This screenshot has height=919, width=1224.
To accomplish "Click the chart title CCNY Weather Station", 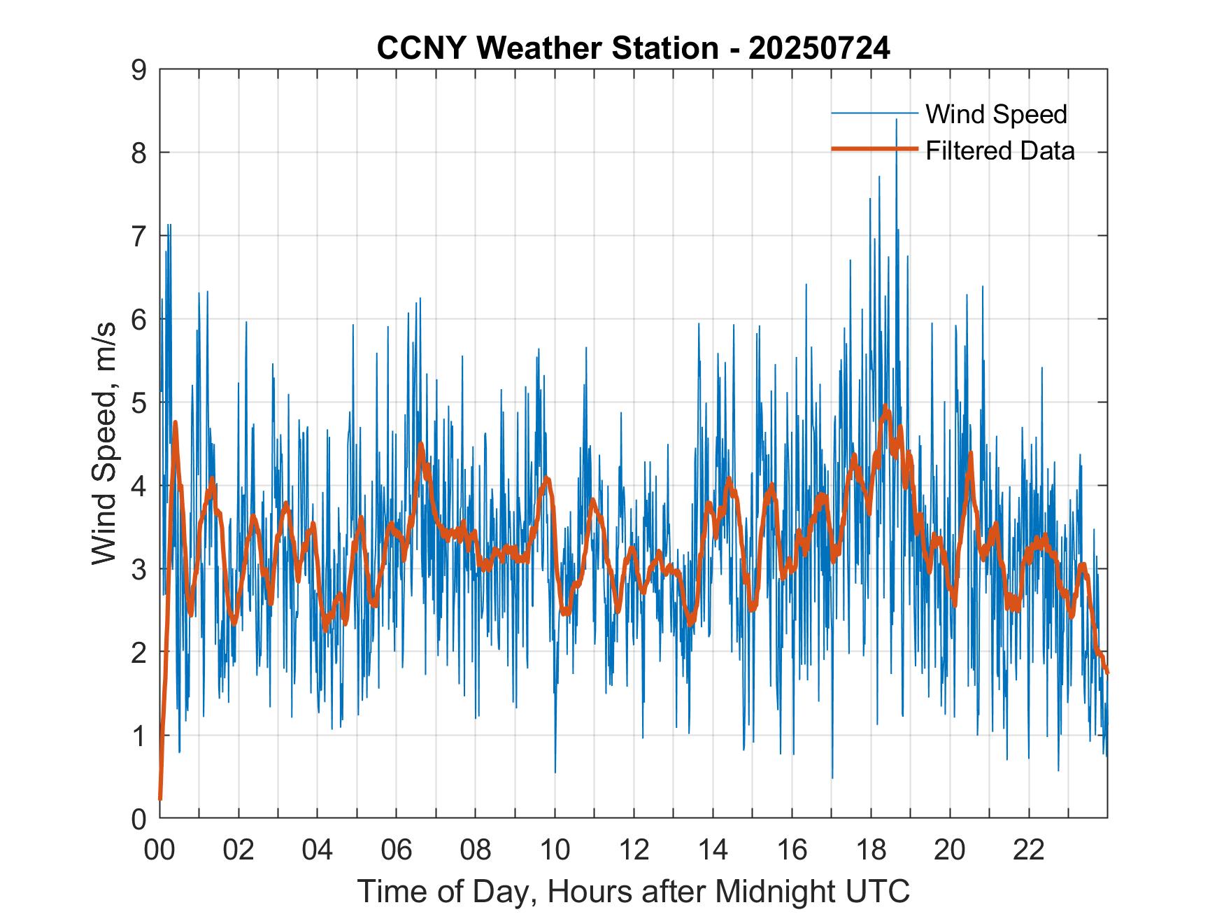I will pyautogui.click(x=547, y=48).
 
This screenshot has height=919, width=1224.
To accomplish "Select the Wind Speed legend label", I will pyautogui.click(x=996, y=114).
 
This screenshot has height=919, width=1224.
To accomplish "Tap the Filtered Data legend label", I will pyautogui.click(x=999, y=150).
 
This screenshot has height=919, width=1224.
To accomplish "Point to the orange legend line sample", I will pyautogui.click(x=874, y=150).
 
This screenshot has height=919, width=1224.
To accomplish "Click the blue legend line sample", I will pyautogui.click(x=874, y=113).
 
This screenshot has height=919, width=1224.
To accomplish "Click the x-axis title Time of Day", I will pyautogui.click(x=634, y=891).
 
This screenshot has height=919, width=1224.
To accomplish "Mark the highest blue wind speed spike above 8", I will pyautogui.click(x=896, y=120).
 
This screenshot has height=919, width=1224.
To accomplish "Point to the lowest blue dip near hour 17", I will pyautogui.click(x=832, y=777).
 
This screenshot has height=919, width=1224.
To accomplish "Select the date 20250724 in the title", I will pyautogui.click(x=819, y=48).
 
